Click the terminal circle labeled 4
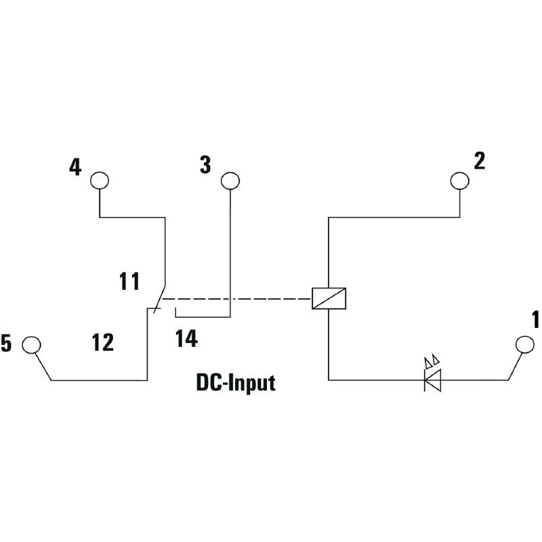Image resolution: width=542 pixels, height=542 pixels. click(100, 180)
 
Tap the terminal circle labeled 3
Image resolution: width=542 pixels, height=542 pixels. click(230, 180)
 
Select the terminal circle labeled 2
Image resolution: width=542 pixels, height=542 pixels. click(460, 180)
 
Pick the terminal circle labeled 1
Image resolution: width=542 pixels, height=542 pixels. click(524, 344)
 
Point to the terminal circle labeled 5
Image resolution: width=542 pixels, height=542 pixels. click(31, 345)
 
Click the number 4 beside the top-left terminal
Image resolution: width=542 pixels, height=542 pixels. click(75, 167)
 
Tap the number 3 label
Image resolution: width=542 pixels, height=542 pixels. click(205, 164)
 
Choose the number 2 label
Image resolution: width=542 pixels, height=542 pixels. click(479, 161)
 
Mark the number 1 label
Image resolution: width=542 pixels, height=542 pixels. click(535, 318)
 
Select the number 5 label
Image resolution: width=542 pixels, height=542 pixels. click(6, 344)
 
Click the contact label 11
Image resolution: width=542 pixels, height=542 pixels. click(129, 280)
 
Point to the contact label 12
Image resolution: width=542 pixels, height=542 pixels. click(103, 343)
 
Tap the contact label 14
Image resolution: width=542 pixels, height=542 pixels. click(186, 339)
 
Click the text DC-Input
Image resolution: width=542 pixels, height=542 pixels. click(236, 383)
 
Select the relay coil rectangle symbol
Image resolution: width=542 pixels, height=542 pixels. click(329, 298)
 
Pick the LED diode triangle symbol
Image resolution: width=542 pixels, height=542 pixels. click(432, 380)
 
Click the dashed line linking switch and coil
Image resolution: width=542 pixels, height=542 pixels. click(237, 298)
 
